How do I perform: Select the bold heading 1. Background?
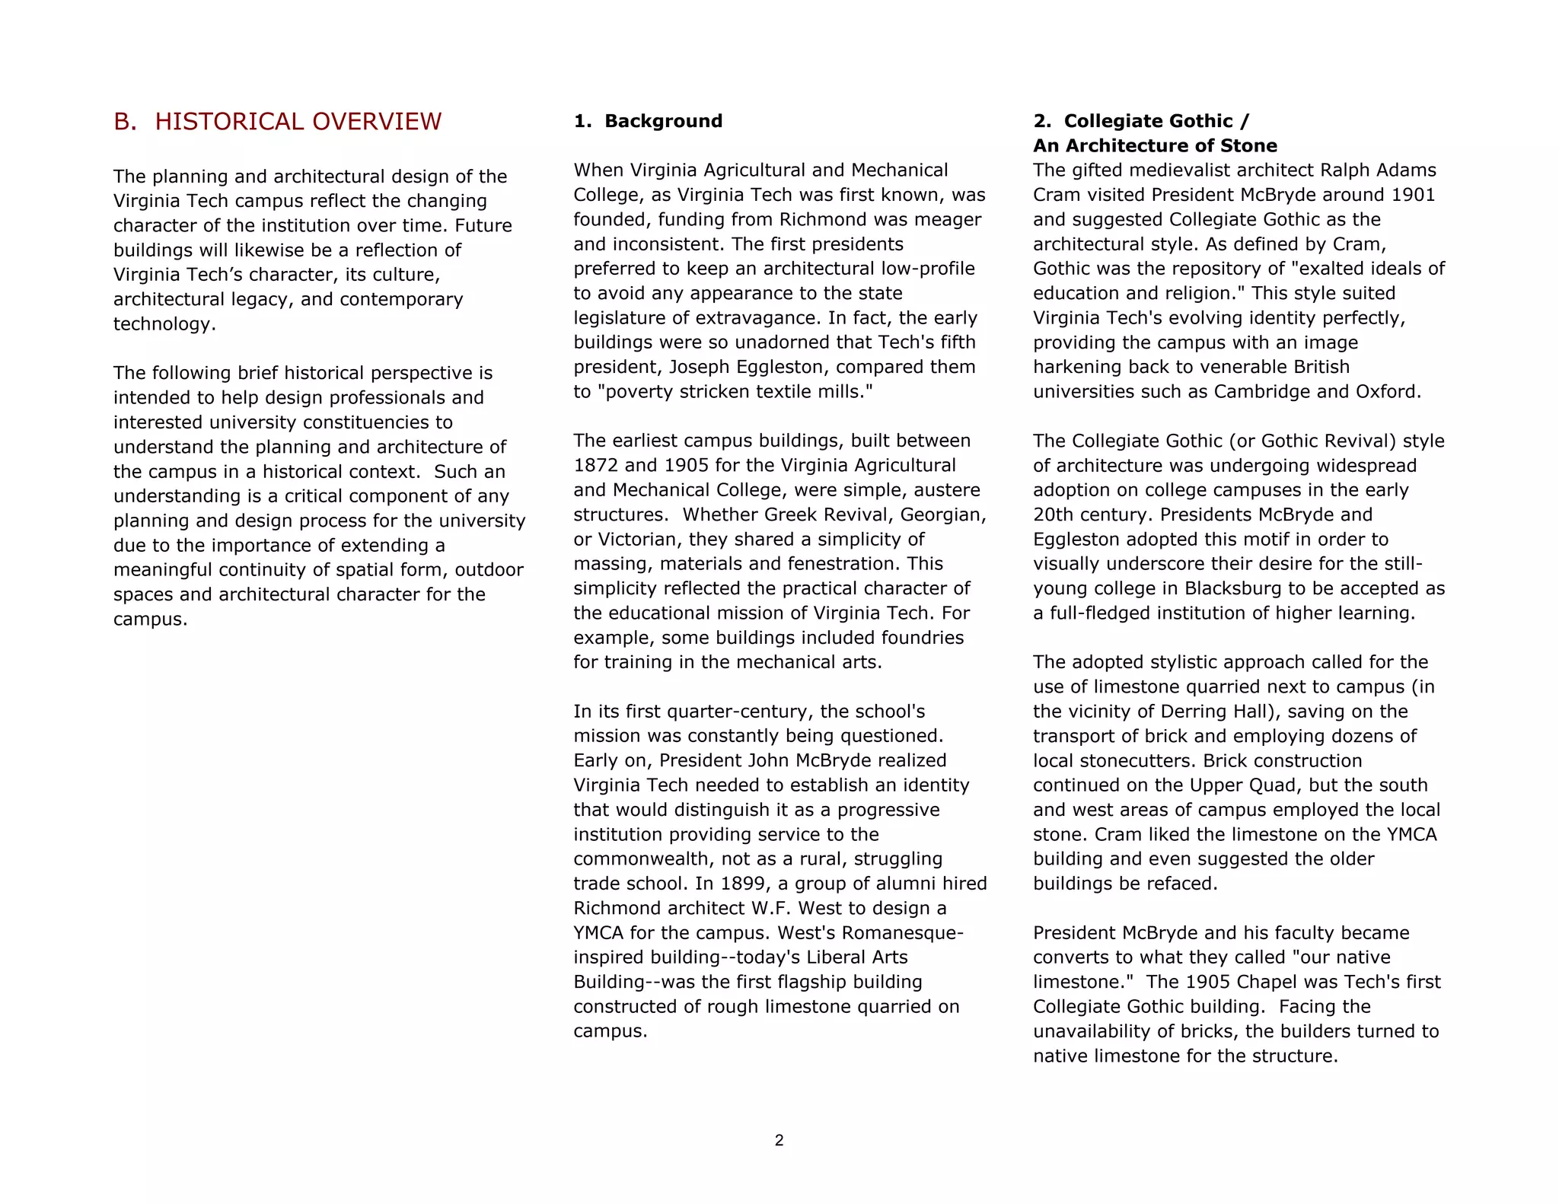pyautogui.click(x=648, y=121)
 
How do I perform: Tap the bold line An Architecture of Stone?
pyautogui.click(x=1155, y=145)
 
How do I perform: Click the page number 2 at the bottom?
pyautogui.click(x=779, y=1140)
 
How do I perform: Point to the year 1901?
pyautogui.click(x=1413, y=195)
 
